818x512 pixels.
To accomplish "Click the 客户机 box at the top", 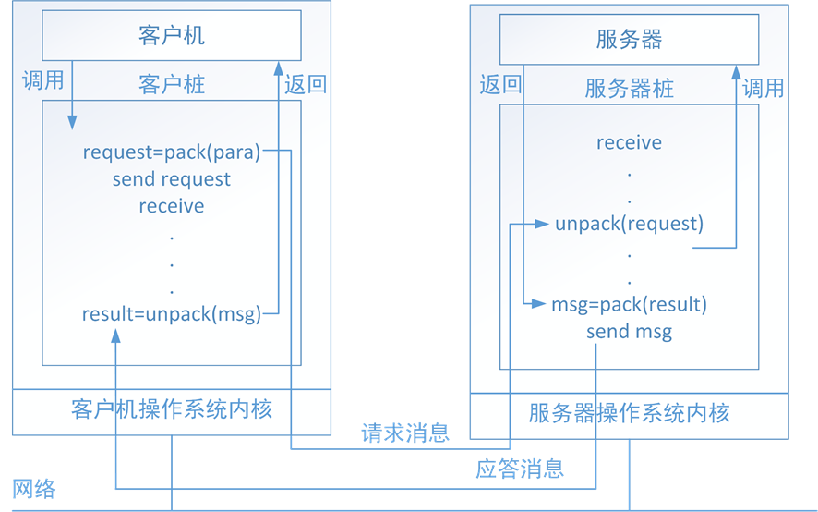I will pos(172,37).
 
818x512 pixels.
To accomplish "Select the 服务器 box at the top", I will pos(629,40).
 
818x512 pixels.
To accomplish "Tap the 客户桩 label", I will pos(172,84).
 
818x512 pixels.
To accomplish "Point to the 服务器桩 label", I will pos(629,88).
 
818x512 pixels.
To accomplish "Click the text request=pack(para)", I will pos(172,152).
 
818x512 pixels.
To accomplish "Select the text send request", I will pos(172,179).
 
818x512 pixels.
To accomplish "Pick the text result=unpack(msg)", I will pos(172,314).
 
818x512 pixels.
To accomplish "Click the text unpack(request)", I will pos(629,224).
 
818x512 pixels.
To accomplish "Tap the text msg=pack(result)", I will pos(629,304).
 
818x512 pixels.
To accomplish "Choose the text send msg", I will pos(629,331).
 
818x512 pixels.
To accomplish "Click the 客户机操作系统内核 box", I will pos(172,408).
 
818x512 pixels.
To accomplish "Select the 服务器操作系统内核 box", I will pos(629,413).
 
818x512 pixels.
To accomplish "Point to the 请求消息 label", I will pos(404,433).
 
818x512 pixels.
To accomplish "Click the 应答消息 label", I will pos(520,469).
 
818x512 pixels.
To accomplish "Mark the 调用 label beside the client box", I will pos(42,80).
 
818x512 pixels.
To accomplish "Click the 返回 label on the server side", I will pos(500,86).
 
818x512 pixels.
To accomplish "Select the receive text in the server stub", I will pos(629,142).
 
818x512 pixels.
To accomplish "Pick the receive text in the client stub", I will pos(172,206).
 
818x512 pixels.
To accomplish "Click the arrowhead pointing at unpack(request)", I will pos(545,224).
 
